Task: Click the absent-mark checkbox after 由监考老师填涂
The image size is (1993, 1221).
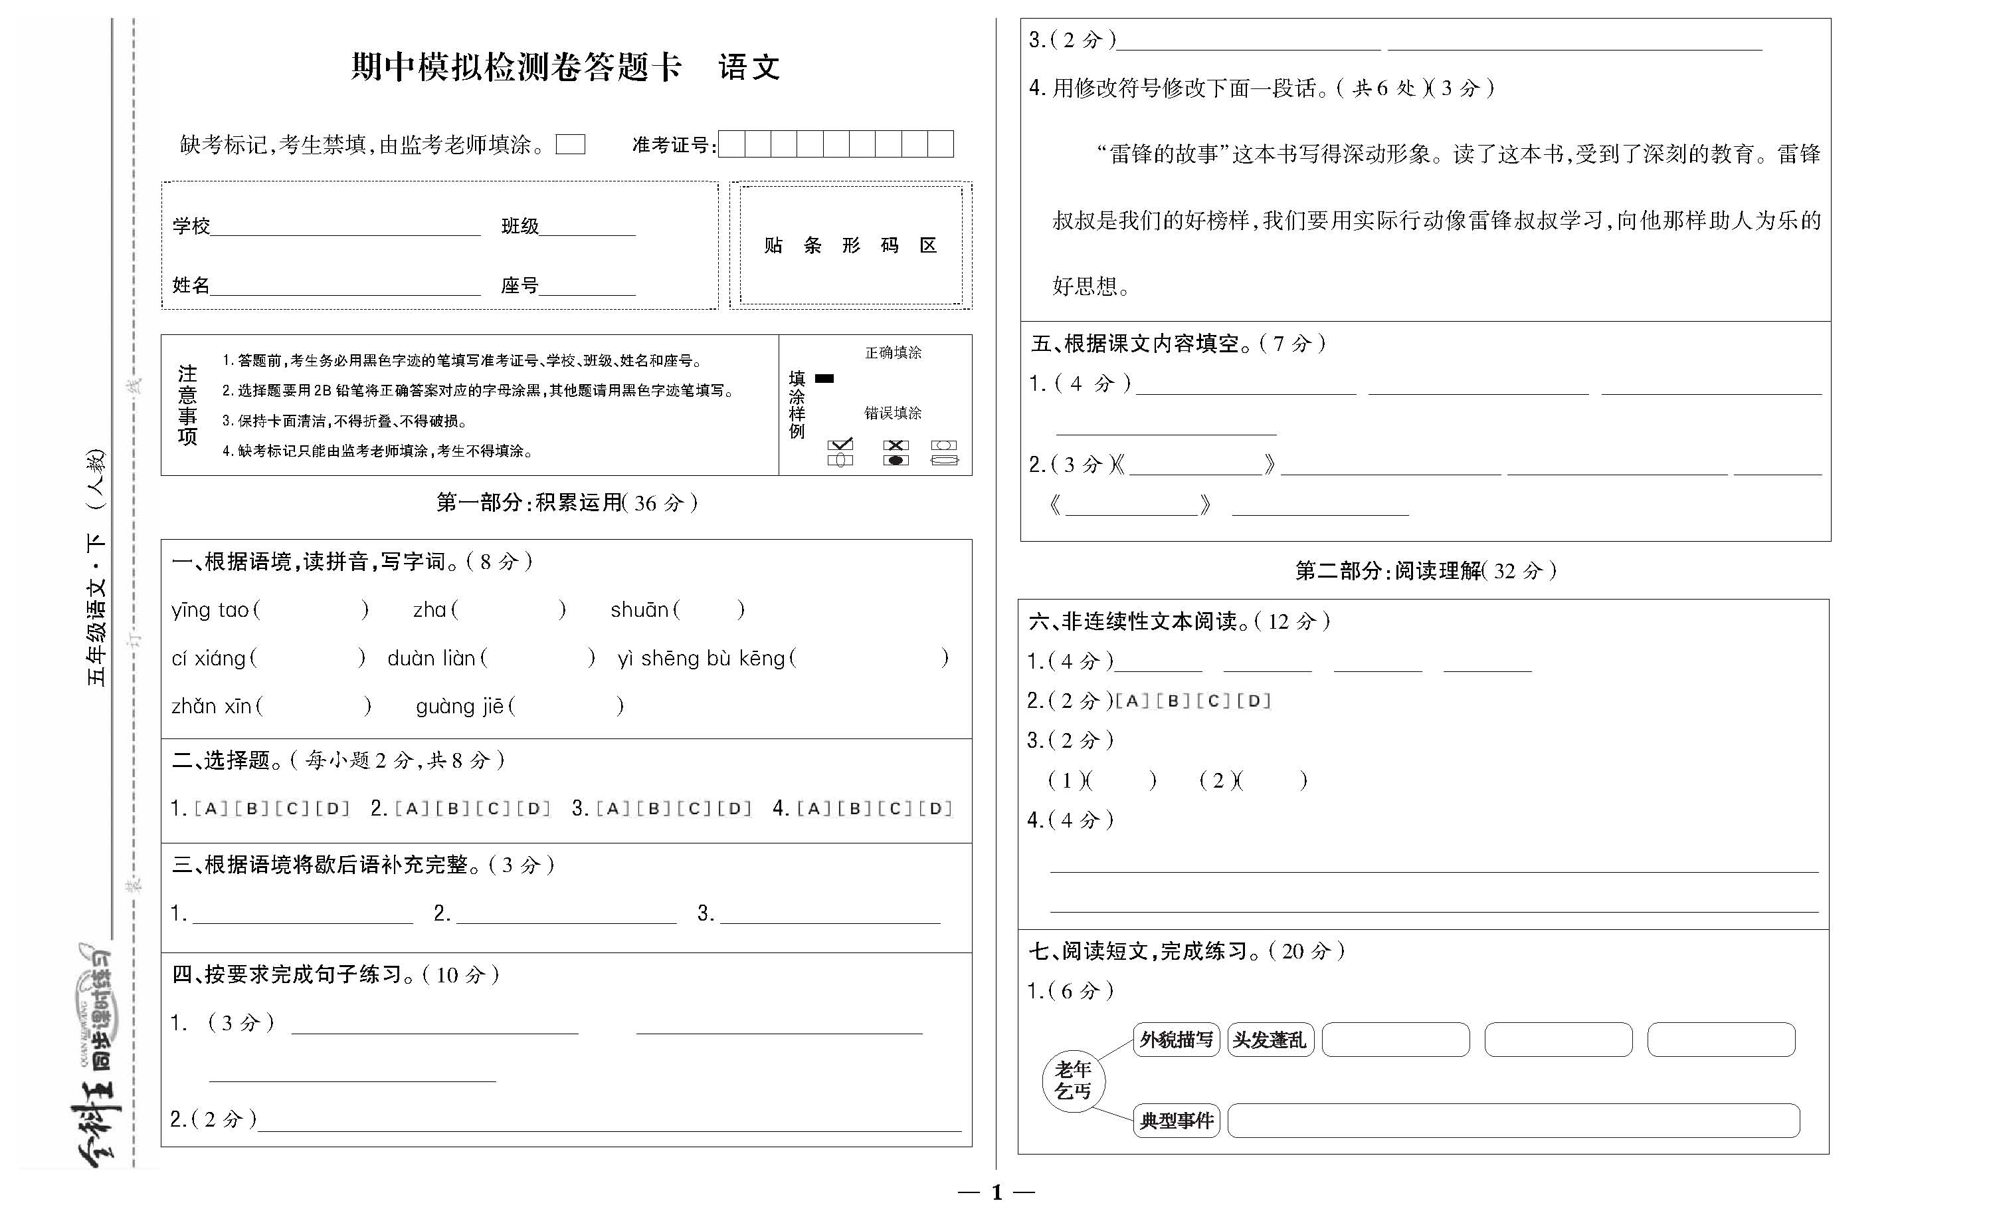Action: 570,145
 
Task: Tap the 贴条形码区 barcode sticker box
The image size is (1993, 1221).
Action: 850,245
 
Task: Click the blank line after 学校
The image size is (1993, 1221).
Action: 345,227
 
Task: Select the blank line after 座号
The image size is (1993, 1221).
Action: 587,286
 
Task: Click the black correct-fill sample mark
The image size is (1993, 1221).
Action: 824,378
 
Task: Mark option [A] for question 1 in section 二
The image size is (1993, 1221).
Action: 211,808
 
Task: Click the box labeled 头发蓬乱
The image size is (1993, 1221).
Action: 1270,1040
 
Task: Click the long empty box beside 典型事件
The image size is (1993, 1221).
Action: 1513,1121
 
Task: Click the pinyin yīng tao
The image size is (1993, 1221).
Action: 211,610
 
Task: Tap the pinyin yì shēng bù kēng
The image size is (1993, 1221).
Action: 702,659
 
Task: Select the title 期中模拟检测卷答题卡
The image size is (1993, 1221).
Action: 516,67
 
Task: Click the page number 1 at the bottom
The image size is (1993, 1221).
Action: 996,1192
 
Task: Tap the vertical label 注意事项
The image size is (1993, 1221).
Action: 187,405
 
